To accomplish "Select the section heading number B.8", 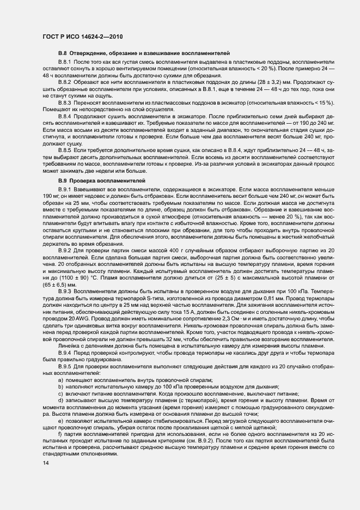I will tap(62, 53).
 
